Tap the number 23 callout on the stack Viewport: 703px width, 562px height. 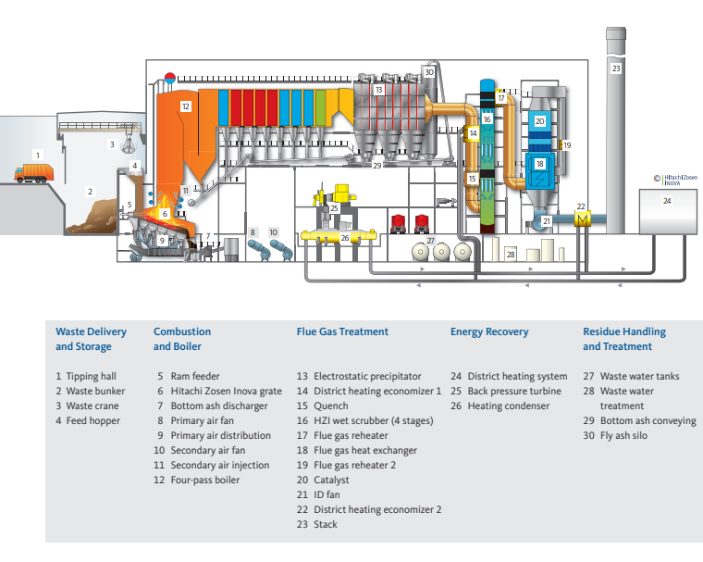tap(616, 68)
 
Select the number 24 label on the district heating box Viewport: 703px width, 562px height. tap(666, 200)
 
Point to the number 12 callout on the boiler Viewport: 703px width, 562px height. tap(185, 106)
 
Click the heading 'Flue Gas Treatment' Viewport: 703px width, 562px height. tap(342, 331)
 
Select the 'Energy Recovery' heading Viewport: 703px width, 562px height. tap(489, 331)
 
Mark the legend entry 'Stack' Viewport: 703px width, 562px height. tap(325, 525)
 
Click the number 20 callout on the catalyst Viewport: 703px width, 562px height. tap(539, 120)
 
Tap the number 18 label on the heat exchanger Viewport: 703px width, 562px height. tap(539, 164)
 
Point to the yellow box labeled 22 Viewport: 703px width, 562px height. tap(582, 218)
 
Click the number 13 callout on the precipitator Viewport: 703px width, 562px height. tap(379, 90)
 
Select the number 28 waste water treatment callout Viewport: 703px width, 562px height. tap(510, 253)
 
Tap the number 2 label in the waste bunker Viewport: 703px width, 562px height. tap(90, 192)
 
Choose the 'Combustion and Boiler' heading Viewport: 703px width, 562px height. tap(182, 339)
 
